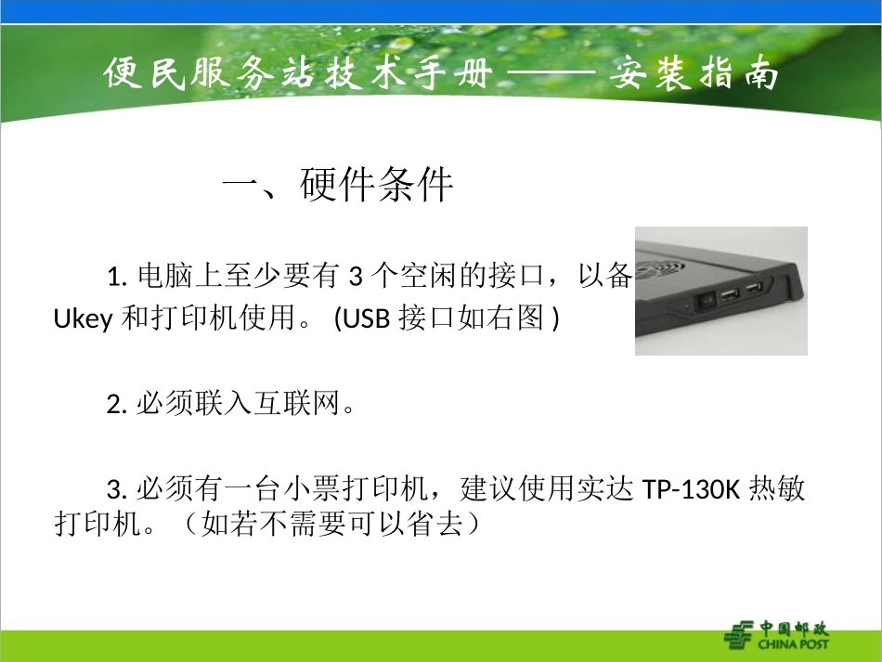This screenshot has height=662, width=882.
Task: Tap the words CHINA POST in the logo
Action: (793, 643)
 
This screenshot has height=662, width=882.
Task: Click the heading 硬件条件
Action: (377, 187)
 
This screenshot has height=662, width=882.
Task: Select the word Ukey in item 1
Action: (83, 319)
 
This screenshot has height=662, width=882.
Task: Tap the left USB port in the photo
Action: (728, 295)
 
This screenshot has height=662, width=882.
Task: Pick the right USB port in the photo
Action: (753, 288)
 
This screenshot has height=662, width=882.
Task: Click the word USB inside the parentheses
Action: (369, 319)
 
